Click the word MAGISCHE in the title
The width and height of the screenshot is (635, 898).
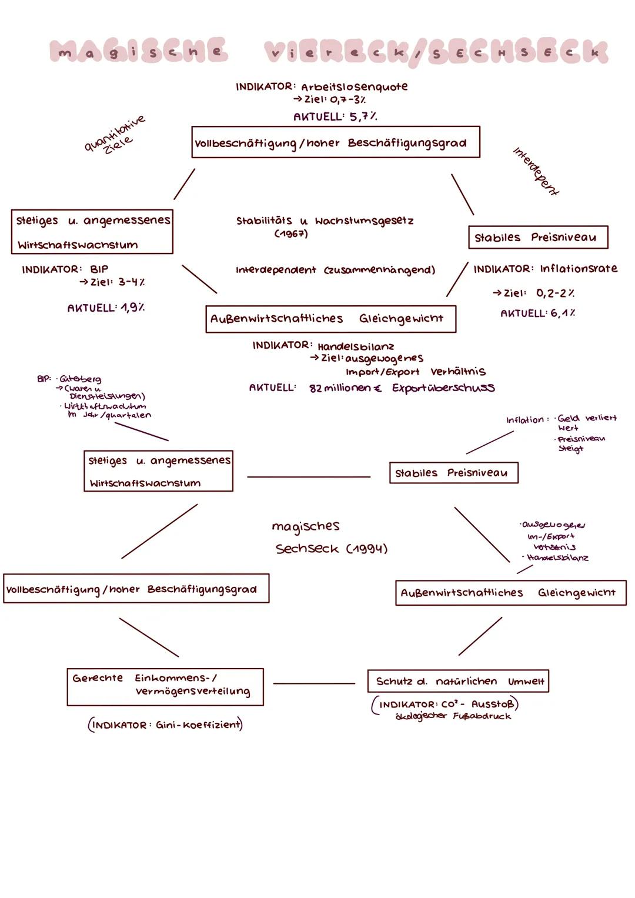click(138, 52)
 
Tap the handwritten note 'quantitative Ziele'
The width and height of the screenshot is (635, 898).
click(115, 135)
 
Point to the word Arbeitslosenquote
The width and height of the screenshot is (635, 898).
click(354, 87)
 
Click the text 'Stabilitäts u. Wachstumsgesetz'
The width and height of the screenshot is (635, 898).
click(325, 221)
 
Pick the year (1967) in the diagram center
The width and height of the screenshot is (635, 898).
click(290, 234)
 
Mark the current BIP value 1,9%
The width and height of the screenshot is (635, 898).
click(132, 308)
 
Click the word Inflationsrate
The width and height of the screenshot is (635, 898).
click(579, 269)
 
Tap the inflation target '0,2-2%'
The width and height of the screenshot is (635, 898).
click(555, 293)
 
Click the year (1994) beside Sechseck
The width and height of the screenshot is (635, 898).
click(366, 549)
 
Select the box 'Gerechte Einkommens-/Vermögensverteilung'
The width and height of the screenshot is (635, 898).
click(165, 686)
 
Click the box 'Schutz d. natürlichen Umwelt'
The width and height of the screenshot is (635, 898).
click(458, 681)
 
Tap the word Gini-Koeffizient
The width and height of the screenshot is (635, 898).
click(198, 725)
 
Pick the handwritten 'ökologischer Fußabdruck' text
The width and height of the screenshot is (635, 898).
click(453, 716)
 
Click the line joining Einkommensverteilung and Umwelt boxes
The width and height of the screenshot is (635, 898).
click(314, 683)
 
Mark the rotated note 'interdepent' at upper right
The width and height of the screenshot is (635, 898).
click(536, 171)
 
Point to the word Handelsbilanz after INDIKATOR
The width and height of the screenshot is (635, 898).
click(356, 346)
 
